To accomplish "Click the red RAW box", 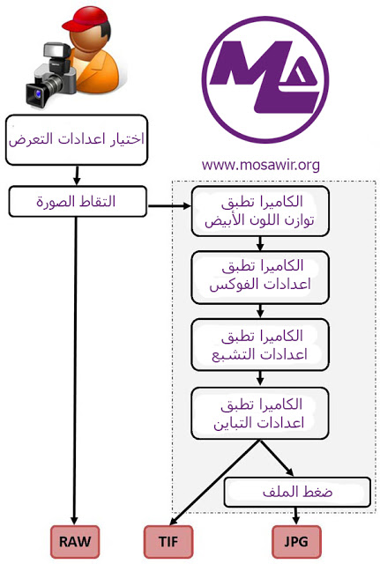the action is point(75,541).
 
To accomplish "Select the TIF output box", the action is point(168,541).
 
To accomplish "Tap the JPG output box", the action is point(296,541).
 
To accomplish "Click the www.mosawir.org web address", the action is point(260,165).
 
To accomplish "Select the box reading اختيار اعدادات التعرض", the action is point(77,140).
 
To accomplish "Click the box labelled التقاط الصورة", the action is point(78,202).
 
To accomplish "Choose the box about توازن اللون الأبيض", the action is point(260,211).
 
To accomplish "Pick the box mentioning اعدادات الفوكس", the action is point(260,278).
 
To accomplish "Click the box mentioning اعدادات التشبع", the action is point(260,345).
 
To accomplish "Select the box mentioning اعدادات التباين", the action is point(260,413).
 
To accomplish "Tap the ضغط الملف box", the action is point(298,492).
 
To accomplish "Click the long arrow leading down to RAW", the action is point(75,370).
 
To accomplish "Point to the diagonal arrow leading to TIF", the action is point(214,482).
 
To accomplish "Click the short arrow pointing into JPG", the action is point(295,516).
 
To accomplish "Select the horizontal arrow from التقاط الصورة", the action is point(169,206).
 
